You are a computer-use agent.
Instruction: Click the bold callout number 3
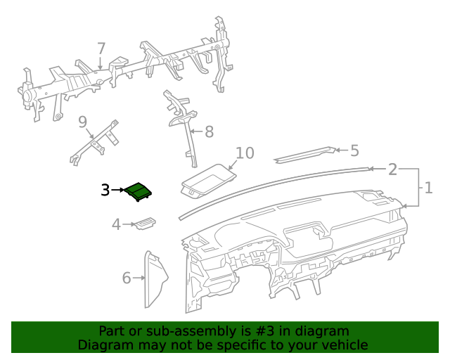pyautogui.click(x=105, y=190)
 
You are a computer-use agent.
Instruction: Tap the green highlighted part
pyautogui.click(x=138, y=191)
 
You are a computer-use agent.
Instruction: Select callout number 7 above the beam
pyautogui.click(x=101, y=49)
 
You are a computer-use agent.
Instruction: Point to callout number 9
pyautogui.click(x=83, y=122)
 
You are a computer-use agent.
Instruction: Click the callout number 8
pyautogui.click(x=210, y=131)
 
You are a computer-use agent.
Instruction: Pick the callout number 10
pyautogui.click(x=245, y=153)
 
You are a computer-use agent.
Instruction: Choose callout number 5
pyautogui.click(x=354, y=150)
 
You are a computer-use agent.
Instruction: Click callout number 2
pyautogui.click(x=392, y=169)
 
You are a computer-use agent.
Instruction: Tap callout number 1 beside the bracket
pyautogui.click(x=428, y=188)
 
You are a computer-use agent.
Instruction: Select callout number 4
pyautogui.click(x=116, y=224)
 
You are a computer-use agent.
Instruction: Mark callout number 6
pyautogui.click(x=127, y=278)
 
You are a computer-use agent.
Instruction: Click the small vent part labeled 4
pyautogui.click(x=146, y=224)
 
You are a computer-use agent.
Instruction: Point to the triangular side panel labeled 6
pyautogui.click(x=155, y=279)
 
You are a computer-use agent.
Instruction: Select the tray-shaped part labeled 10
pyautogui.click(x=209, y=181)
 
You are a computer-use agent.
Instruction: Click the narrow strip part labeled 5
pyautogui.click(x=304, y=155)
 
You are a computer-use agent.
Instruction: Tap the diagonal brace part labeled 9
pyautogui.click(x=94, y=143)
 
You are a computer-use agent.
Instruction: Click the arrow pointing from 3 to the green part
pyautogui.click(x=117, y=190)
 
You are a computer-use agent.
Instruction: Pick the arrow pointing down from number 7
pyautogui.click(x=100, y=63)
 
